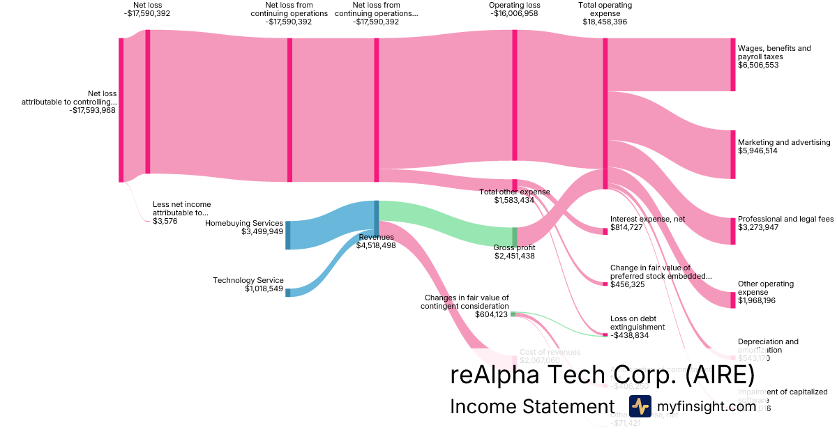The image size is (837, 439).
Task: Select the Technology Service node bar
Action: [287, 293]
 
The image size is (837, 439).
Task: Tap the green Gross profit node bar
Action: [515, 237]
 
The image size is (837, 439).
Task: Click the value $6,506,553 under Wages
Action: [758, 65]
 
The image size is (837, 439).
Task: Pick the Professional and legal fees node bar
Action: [733, 231]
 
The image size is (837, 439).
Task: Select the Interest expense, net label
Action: [647, 219]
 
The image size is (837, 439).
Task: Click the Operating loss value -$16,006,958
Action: [514, 13]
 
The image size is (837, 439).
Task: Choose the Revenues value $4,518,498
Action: [377, 245]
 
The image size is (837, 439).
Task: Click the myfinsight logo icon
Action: [640, 406]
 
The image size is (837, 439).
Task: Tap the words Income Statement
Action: [532, 406]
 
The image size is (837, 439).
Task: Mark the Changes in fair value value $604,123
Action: [492, 315]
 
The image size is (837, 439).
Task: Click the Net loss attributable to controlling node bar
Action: [121, 109]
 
